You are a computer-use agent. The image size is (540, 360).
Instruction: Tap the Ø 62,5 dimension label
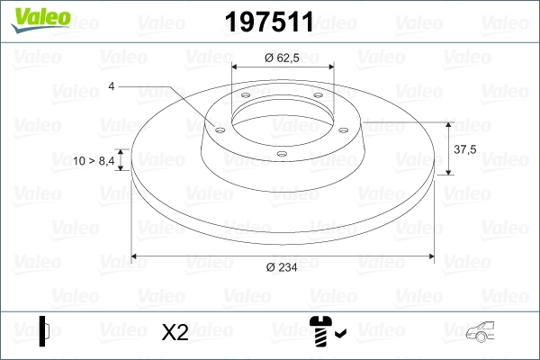(283, 57)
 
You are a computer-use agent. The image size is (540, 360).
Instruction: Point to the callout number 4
(112, 86)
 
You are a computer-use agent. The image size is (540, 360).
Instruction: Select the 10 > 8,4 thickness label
(94, 160)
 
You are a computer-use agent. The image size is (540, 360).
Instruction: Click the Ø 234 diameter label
(283, 267)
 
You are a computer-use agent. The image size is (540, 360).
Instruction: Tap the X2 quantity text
(174, 332)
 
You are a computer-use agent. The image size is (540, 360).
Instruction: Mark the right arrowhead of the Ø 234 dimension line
(433, 256)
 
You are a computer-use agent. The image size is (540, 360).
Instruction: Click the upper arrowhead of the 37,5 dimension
(447, 125)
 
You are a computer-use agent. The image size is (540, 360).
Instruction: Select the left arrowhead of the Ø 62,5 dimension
(237, 67)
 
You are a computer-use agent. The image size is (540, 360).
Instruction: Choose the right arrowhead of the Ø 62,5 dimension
(329, 67)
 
